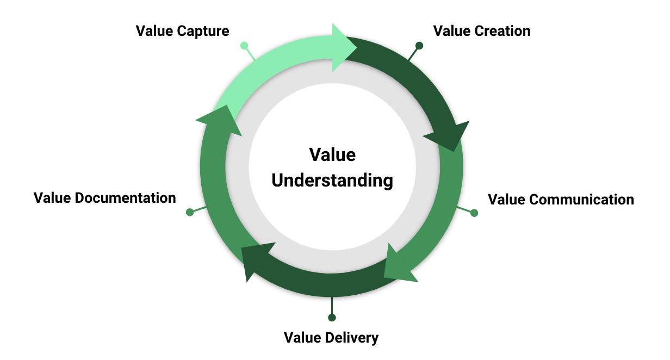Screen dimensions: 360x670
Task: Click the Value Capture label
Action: click(x=182, y=31)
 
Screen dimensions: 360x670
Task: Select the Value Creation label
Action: click(x=482, y=31)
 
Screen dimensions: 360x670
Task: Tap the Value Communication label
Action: click(x=561, y=200)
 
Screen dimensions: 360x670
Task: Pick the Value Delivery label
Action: click(x=331, y=338)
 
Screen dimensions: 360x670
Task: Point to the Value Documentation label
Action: click(x=105, y=197)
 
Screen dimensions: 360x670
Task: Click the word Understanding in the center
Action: click(x=332, y=180)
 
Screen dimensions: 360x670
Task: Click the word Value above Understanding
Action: click(x=332, y=155)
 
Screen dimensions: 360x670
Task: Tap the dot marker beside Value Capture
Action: click(x=244, y=46)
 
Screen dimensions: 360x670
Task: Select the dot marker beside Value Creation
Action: click(x=419, y=46)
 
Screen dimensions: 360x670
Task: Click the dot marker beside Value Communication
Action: click(x=474, y=213)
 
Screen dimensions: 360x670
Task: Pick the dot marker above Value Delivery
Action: click(x=332, y=318)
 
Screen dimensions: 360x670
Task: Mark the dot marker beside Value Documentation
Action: click(x=190, y=212)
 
